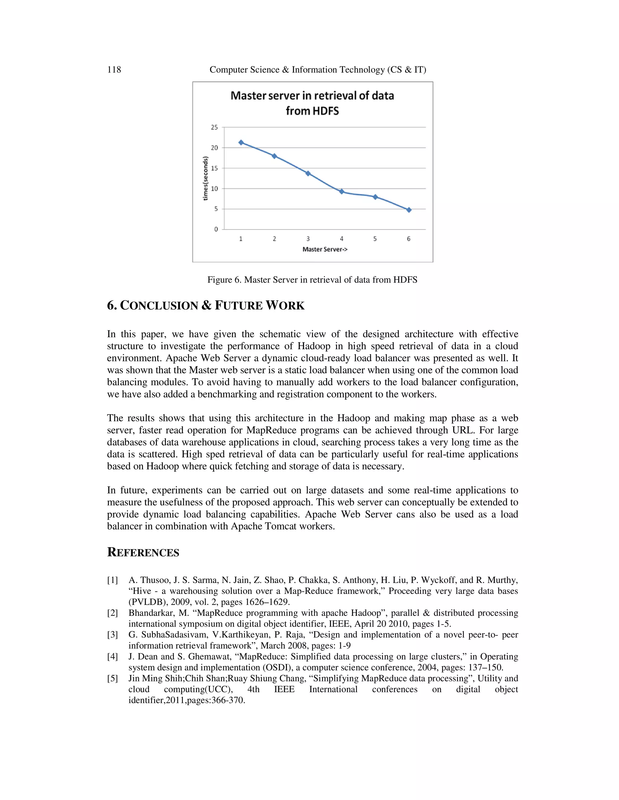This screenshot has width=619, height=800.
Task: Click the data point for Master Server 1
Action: point(241,142)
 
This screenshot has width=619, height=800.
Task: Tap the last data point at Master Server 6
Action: point(409,210)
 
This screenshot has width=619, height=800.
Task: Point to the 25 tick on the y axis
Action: point(214,127)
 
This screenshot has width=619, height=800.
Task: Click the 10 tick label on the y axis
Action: point(214,189)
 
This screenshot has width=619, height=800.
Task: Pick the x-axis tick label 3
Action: point(308,239)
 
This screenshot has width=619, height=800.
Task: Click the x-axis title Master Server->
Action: point(325,249)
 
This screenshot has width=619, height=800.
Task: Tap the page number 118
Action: point(114,70)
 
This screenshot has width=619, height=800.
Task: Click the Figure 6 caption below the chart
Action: point(312,280)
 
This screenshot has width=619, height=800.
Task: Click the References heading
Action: point(143,552)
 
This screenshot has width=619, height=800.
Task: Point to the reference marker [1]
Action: point(112,580)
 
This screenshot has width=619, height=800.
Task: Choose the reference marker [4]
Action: point(112,656)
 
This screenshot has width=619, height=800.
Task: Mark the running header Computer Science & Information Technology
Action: point(318,70)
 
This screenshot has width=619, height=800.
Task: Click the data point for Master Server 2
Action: point(274,156)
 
